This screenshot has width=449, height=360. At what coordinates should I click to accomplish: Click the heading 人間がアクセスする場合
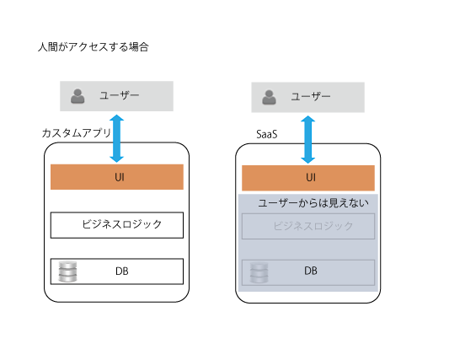coord(93,46)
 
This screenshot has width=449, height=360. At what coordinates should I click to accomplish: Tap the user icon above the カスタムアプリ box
coord(78,96)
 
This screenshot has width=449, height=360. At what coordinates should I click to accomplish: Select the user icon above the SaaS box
coord(269,98)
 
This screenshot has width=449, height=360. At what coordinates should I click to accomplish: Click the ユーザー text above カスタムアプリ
coord(120,95)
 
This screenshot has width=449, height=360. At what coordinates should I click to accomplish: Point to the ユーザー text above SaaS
coord(311,96)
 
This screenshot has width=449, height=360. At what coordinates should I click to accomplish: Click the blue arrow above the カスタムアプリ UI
coord(117,138)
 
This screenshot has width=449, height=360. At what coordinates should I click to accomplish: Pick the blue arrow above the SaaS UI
coord(308,140)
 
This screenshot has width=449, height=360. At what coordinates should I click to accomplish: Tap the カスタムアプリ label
coord(76,133)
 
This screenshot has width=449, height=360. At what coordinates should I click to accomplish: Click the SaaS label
coord(267,134)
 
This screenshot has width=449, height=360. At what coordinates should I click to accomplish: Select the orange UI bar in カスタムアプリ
coord(117,177)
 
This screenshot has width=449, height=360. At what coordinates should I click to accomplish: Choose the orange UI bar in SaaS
coord(308,178)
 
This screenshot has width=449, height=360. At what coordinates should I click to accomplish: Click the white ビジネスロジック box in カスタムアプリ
coord(117,225)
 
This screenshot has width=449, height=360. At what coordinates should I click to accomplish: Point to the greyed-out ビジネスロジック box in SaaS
coord(308,226)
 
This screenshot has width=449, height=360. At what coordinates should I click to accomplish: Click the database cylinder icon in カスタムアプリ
coord(67,271)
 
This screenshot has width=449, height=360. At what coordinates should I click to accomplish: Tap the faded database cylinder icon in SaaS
coord(259,272)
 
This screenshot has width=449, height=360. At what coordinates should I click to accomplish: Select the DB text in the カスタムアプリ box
coord(122,271)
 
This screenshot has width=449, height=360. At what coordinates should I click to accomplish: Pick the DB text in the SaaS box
coord(311,271)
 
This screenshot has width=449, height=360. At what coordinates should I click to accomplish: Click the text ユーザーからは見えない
coord(313,203)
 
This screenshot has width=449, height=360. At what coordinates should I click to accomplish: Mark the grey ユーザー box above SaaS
coord(308,98)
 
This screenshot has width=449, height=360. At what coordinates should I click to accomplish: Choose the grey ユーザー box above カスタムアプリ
coord(116,96)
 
